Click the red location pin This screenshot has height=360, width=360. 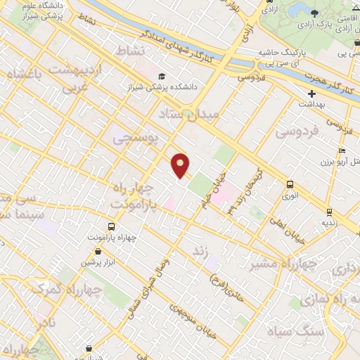pos(181,165)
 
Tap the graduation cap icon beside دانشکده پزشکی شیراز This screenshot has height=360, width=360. pos(162,77)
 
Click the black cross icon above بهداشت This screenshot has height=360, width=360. pos(311,94)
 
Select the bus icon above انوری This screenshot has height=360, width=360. pos(290,184)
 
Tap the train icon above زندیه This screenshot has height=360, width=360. pos(328,211)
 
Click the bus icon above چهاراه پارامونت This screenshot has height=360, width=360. pos(111,226)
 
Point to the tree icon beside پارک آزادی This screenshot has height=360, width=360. pos(313,13)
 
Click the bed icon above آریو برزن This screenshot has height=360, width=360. pos(342,150)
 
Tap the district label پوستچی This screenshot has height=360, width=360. pos(132,139)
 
